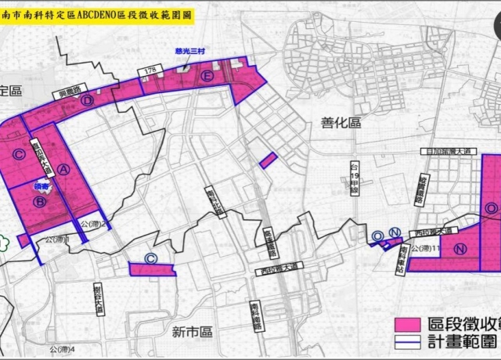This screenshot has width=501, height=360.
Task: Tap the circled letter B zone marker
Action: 38,201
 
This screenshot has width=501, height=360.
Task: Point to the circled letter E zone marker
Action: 206,76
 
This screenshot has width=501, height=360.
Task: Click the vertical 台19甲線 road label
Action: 354,179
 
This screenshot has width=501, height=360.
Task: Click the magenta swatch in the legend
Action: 407,324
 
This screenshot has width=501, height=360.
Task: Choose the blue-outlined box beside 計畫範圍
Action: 407,342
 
